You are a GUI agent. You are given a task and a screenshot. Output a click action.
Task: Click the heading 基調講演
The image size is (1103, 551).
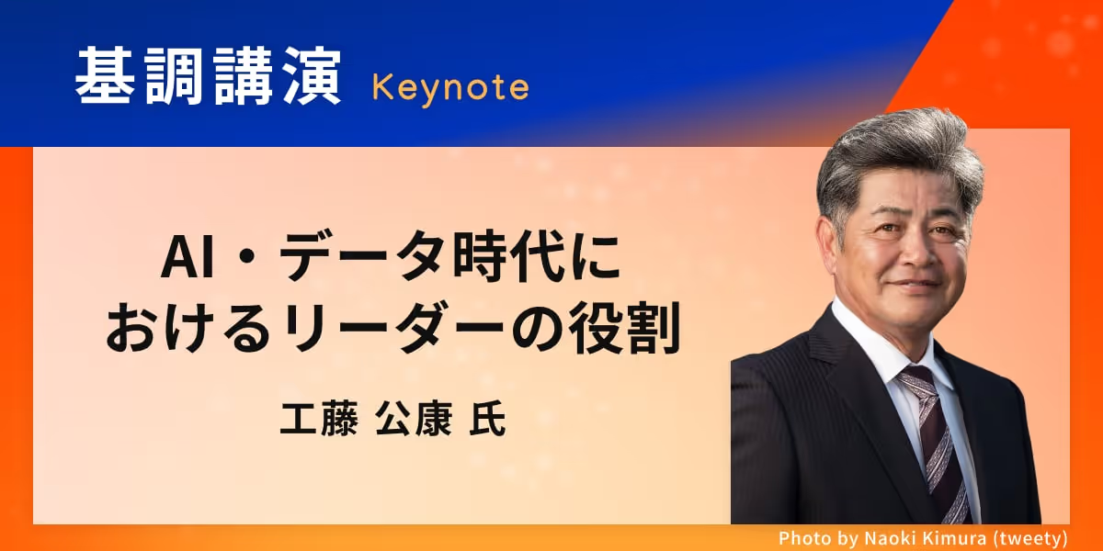pyautogui.click(x=208, y=75)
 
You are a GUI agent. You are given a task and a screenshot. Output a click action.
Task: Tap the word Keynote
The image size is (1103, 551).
pyautogui.click(x=450, y=88)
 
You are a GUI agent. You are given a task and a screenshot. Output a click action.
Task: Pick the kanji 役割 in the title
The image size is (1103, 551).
pyautogui.click(x=625, y=328)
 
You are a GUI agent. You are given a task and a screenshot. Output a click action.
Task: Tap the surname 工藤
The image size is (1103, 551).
pyautogui.click(x=319, y=419)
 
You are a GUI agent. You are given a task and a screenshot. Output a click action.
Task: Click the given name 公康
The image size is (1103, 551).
pyautogui.click(x=414, y=419)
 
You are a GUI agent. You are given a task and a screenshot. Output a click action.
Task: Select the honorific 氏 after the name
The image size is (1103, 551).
pyautogui.click(x=487, y=419)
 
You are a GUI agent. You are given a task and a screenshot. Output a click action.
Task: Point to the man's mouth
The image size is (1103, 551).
pyautogui.click(x=915, y=285)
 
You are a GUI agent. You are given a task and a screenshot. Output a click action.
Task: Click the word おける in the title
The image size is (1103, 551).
pyautogui.click(x=189, y=328)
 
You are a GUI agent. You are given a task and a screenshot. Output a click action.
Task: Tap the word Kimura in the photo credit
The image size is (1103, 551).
pyautogui.click(x=953, y=538)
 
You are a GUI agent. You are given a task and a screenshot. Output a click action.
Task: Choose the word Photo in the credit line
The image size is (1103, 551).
pyautogui.click(x=802, y=538)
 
